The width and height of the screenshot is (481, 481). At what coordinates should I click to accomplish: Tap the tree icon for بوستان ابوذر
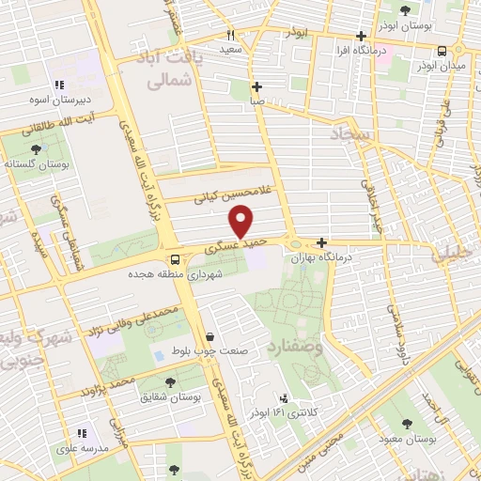coord(405,11)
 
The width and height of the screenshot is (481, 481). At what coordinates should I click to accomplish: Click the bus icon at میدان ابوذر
coord(442,52)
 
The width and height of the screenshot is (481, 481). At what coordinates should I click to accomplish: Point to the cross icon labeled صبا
coord(256,85)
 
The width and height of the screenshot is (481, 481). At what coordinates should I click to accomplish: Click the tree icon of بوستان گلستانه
coord(36,148)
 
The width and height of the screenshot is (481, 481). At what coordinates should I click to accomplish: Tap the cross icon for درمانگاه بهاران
coord(321,241)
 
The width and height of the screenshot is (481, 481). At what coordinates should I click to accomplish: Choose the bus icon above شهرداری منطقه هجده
coord(175,260)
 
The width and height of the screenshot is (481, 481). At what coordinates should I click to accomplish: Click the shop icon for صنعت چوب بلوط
coord(209,335)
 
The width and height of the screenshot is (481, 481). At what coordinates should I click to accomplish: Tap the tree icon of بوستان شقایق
coord(170,381)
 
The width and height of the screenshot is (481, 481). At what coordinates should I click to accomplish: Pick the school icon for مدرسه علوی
coord(81,433)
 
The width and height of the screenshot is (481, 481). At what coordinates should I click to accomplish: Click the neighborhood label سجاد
coord(351,136)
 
